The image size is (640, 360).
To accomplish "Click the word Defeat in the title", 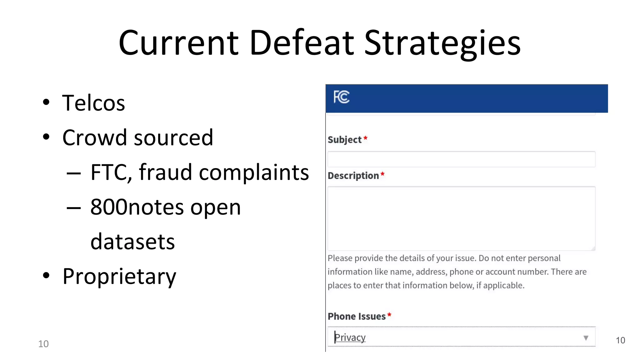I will (302, 42).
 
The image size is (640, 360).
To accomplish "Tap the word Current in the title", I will (178, 42).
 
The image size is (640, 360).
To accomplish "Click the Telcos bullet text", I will (93, 103).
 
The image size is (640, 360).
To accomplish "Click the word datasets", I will (132, 242).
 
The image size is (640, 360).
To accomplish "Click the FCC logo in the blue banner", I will (341, 97).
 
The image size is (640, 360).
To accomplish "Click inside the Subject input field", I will (461, 159).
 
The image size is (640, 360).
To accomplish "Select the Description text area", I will (461, 218).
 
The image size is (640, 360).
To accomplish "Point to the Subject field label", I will (344, 140).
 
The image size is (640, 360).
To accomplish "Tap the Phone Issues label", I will (357, 317).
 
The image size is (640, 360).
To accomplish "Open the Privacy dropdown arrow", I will (586, 338).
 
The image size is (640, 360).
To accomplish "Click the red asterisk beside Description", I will (382, 175).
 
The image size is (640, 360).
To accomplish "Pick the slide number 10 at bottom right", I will (620, 341).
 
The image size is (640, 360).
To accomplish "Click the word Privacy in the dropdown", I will (350, 337).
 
